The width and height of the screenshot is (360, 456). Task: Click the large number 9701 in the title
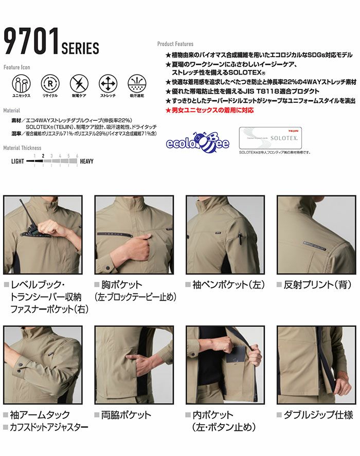(31, 42)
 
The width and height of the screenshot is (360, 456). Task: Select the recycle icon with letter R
(50, 83)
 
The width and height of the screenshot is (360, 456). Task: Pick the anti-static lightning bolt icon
(79, 83)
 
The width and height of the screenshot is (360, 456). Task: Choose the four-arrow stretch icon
(107, 83)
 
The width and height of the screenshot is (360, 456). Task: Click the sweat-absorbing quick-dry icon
(136, 83)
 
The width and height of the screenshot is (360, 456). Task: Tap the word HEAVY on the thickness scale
(87, 161)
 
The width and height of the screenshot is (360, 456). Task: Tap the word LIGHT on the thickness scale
(17, 161)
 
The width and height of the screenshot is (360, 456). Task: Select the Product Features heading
(175, 44)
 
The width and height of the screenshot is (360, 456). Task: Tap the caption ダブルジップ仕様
(315, 415)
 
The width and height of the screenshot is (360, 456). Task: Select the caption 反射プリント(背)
(315, 284)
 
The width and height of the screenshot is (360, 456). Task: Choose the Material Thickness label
(22, 148)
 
